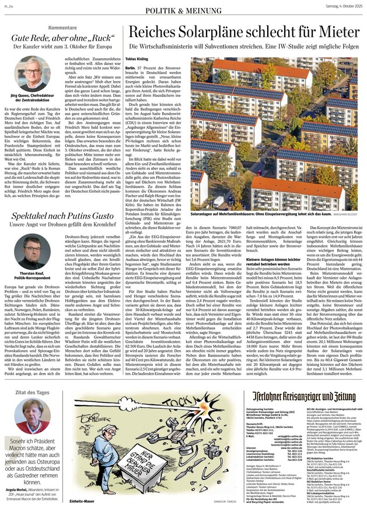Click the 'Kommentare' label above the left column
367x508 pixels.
tap(62, 28)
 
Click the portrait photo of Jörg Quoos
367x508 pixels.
tap(37, 72)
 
